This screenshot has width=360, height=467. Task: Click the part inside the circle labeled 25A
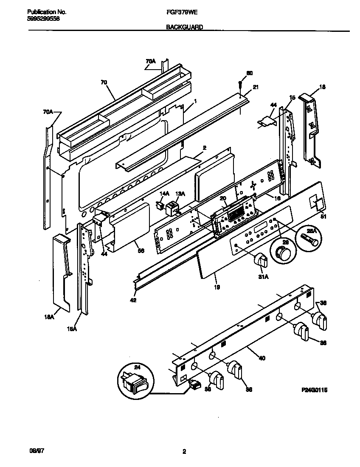pyautogui.click(x=309, y=235)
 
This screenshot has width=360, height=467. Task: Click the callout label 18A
pyautogui.click(x=49, y=316)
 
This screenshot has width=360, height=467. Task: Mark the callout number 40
pyautogui.click(x=262, y=358)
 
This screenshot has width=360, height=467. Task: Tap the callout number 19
pyautogui.click(x=217, y=287)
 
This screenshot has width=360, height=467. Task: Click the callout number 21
pyautogui.click(x=256, y=87)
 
